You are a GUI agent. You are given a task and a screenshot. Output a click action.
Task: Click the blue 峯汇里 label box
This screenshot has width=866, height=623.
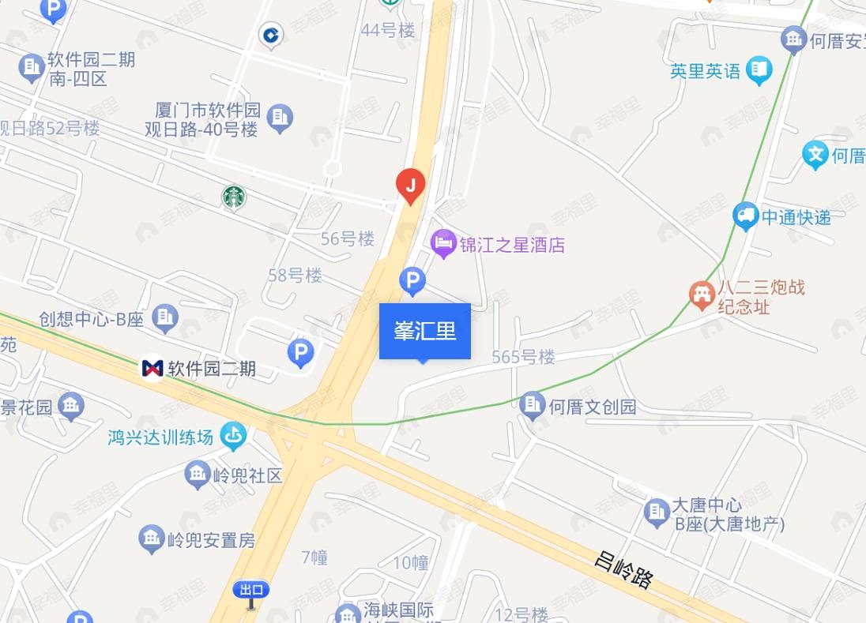tap(425, 331)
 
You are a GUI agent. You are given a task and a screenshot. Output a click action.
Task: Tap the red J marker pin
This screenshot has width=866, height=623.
tap(410, 186)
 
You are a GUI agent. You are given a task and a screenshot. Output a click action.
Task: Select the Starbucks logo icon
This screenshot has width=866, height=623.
tap(233, 197)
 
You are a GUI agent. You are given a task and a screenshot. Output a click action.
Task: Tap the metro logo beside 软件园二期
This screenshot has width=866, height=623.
tap(152, 368)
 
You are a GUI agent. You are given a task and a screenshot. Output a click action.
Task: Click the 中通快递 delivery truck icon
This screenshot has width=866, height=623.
tap(745, 216)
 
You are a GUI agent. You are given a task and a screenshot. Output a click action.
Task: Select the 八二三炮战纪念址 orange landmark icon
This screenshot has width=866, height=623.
tap(701, 295)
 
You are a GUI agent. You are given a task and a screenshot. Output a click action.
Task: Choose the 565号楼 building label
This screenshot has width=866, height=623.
tap(523, 357)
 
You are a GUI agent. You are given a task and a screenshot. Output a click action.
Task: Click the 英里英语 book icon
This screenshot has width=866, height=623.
tap(759, 70)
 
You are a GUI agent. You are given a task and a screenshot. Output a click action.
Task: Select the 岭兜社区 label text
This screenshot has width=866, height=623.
tap(247, 475)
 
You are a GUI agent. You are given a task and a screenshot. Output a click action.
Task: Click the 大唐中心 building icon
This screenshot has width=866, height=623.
tap(656, 512)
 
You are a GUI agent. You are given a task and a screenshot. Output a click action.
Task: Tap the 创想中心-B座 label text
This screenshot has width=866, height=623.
tap(92, 319)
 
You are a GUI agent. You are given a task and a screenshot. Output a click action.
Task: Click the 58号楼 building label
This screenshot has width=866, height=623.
tap(295, 276)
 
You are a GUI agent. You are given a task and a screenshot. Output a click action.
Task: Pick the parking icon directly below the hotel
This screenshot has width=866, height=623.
tap(412, 280)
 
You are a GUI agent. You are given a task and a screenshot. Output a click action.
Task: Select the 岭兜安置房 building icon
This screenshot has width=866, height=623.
tap(151, 539)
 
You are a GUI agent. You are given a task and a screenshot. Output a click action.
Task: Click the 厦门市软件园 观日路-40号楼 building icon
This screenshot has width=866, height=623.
tap(279, 117)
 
